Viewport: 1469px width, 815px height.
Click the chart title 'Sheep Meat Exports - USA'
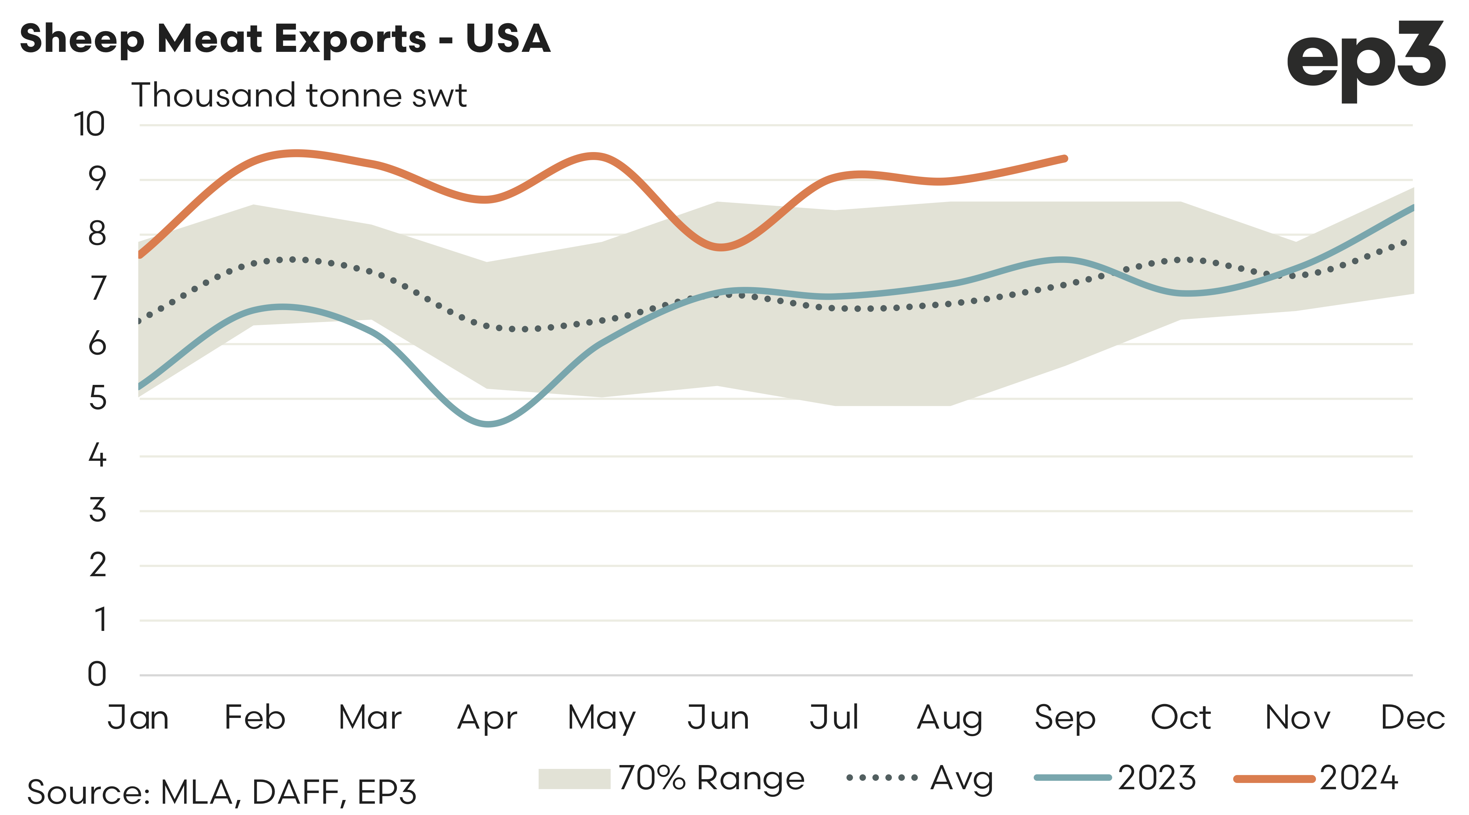[285, 39]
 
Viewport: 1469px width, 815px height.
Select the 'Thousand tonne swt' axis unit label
[299, 95]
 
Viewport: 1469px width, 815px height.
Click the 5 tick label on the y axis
[97, 398]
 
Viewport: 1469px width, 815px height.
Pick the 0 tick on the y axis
[97, 674]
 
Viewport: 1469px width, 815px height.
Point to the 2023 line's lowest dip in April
[489, 424]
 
